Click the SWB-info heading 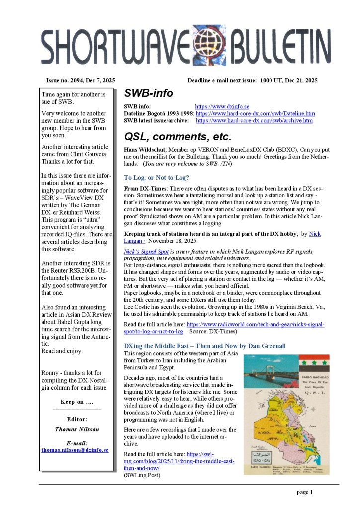click(148, 93)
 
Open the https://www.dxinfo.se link click(222, 106)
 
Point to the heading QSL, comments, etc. click(178, 136)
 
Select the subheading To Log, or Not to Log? click(157, 177)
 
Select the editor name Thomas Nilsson click(77, 429)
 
